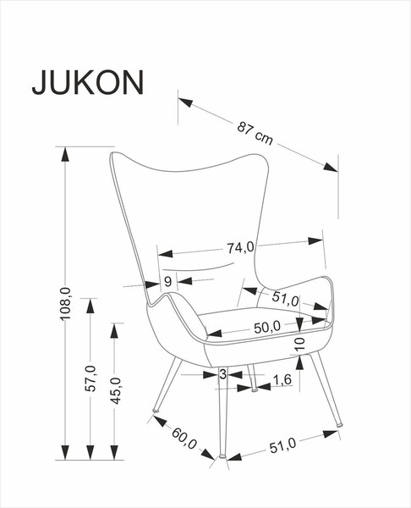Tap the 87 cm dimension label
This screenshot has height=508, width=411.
pos(255,133)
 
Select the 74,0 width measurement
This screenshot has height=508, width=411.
pos(240,248)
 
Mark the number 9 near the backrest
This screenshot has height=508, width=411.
pos(167,282)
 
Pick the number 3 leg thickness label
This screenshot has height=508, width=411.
pos(222,373)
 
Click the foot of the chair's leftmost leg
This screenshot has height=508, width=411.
pos(156,415)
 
